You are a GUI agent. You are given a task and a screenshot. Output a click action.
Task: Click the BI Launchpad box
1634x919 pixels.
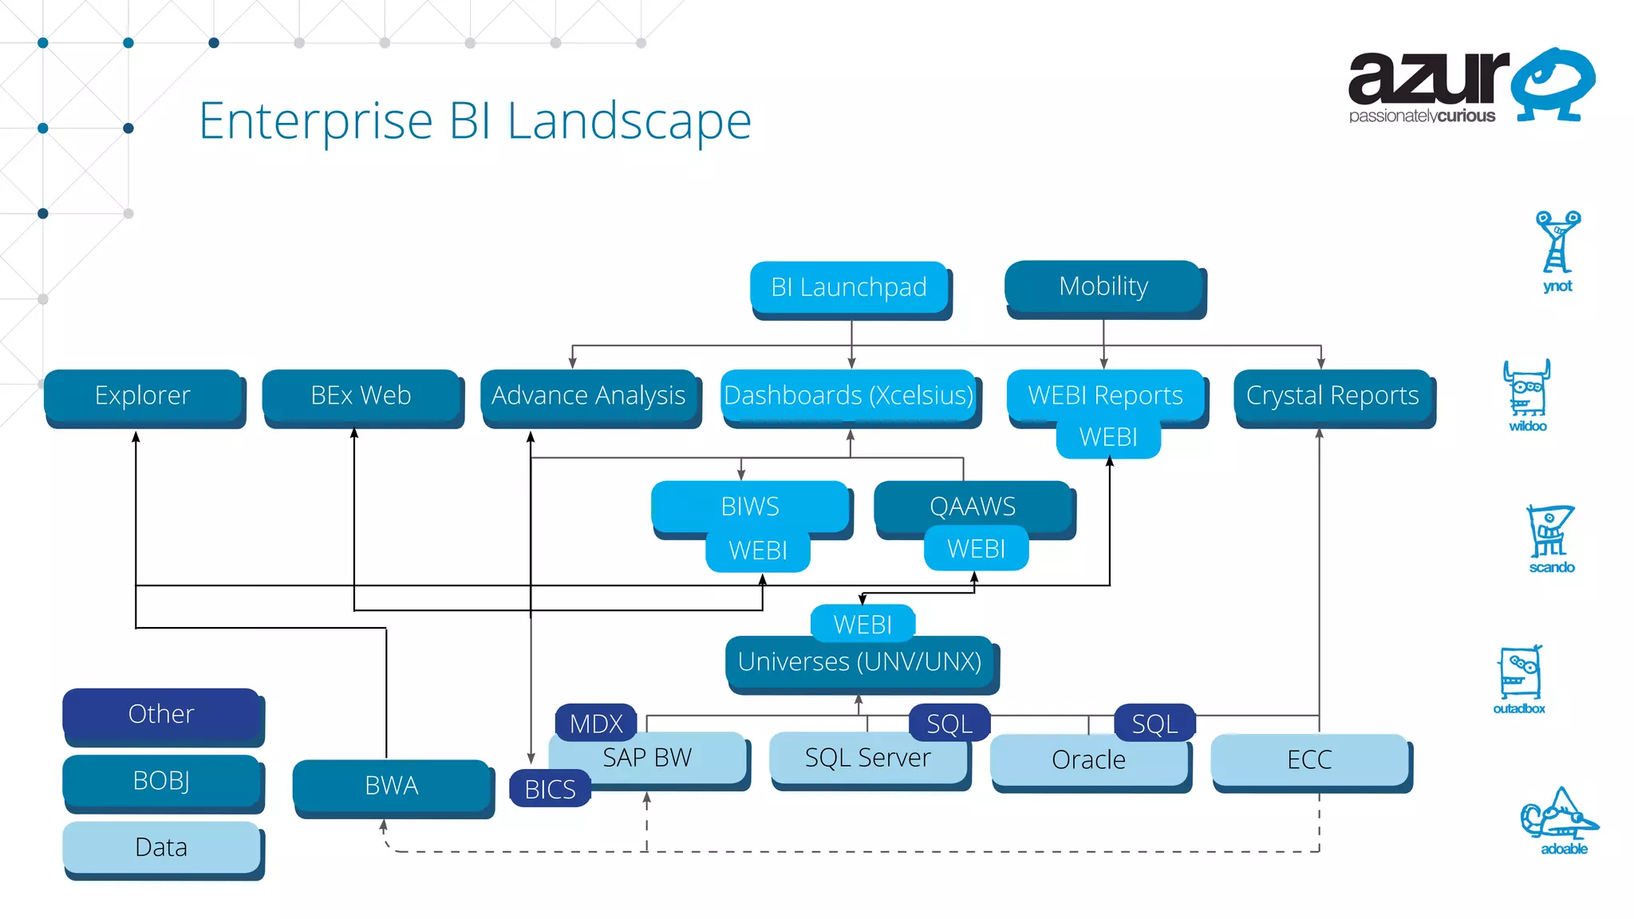[849, 287]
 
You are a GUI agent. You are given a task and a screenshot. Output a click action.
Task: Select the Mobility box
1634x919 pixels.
[1103, 286]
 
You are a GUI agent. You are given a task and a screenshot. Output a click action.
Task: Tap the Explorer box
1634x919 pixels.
[143, 396]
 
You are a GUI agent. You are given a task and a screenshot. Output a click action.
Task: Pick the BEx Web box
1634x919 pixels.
[361, 396]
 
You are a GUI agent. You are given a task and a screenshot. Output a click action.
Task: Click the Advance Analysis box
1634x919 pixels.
[589, 396]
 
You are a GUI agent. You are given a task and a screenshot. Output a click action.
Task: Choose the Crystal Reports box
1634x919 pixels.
[1332, 396]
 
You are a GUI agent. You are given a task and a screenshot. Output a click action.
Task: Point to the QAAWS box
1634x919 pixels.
[973, 506]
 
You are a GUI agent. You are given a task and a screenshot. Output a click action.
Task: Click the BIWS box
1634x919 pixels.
[750, 506]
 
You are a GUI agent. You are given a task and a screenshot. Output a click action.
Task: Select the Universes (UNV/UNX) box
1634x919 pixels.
[859, 662]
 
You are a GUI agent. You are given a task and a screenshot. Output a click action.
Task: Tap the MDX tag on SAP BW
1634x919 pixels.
[596, 723]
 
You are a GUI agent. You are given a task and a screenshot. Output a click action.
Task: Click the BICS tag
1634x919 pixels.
[550, 789]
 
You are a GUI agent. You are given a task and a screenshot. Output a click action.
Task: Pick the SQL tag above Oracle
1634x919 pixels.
[1154, 723]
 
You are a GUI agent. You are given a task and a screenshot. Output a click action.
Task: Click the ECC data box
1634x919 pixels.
[1309, 759]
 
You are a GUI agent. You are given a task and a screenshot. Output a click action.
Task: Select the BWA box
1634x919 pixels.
[392, 786]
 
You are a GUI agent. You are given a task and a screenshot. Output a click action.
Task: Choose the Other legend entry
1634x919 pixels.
[161, 714]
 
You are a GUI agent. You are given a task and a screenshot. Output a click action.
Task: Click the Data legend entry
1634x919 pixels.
[161, 847]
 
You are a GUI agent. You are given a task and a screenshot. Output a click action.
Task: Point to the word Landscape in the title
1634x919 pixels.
[629, 121]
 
